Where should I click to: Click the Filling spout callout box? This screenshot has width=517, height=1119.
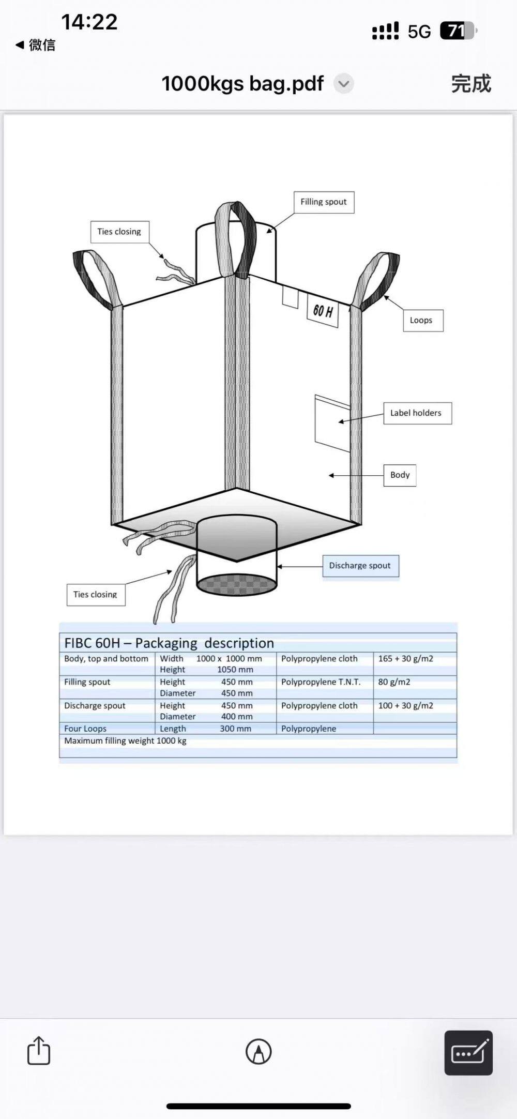[324, 202]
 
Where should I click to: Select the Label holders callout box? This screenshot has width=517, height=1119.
[417, 413]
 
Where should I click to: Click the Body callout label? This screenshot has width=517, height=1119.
[400, 475]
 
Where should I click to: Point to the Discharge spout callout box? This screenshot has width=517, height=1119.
[360, 566]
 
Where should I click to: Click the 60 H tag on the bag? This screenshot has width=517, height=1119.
[323, 311]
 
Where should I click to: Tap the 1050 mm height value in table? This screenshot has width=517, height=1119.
[235, 670]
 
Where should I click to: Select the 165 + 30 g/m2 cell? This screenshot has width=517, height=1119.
[405, 659]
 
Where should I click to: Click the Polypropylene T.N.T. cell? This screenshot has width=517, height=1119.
[321, 682]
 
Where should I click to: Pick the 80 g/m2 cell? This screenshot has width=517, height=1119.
[394, 682]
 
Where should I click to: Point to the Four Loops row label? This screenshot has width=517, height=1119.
[85, 729]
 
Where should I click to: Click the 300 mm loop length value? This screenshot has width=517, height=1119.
[235, 729]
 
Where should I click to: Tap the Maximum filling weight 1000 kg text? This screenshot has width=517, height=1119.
[125, 741]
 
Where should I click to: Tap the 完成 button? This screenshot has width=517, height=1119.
[470, 84]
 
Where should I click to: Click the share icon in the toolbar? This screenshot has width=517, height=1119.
[39, 1051]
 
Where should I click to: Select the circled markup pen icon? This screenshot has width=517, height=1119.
[258, 1051]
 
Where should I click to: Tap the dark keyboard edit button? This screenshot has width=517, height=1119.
[468, 1052]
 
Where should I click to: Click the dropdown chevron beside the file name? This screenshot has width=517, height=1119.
[343, 83]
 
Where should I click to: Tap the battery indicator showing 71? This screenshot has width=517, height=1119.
[458, 31]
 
